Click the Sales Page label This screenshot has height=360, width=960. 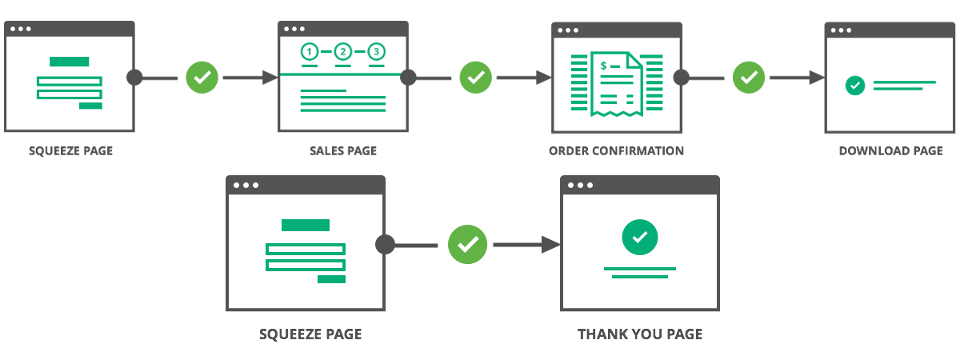pos(342,150)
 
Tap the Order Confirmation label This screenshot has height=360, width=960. pos(616,150)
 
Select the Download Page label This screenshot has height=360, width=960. pos(890,150)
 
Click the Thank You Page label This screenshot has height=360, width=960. pos(640,334)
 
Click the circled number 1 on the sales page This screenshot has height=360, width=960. pos(309,53)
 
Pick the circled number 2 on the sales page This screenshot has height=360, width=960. pos(343,53)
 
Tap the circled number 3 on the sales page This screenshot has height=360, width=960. pos(377,53)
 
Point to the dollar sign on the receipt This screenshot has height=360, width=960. pos(604,64)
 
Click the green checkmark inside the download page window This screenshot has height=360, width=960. pos(855,84)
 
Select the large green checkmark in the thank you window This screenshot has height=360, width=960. pos(640,237)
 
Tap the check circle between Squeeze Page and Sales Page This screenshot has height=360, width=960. pos(202,78)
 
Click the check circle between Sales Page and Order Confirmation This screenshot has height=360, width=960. pos(476,78)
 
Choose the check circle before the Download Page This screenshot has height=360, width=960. pos(749,78)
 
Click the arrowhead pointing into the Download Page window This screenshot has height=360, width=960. pos(818,78)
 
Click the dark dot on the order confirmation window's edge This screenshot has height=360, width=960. pos(682,78)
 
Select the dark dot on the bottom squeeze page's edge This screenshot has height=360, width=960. pos(386,244)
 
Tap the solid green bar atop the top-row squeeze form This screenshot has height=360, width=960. pos(70,62)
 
